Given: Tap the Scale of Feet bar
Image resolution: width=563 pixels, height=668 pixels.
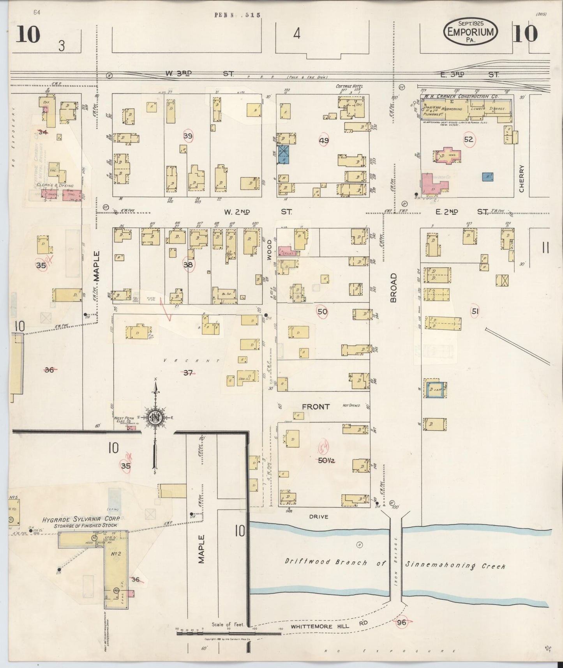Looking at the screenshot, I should (228, 633).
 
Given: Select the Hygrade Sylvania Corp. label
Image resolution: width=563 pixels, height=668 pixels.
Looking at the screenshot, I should (81, 520).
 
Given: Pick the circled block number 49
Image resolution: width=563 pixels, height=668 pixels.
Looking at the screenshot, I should (324, 141).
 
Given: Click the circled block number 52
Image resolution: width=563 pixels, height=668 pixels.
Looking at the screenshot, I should (469, 139).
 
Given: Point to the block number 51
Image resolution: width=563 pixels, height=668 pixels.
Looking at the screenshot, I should (475, 311).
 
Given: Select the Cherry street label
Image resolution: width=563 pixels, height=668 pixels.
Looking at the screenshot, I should (522, 179).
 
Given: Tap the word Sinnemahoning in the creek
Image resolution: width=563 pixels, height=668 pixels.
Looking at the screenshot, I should (455, 565).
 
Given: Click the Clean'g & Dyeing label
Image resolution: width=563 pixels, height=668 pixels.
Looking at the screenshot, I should (55, 186).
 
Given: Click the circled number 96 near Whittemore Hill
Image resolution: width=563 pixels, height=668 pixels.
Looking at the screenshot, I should (401, 622).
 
